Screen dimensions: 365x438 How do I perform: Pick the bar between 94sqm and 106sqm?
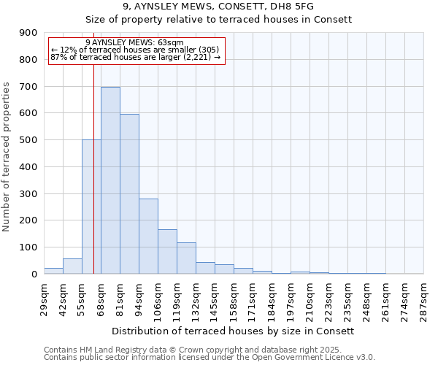point(148,237)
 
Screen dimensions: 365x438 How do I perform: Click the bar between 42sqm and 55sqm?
point(72,266)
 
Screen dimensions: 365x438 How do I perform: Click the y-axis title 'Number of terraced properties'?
point(7,156)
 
